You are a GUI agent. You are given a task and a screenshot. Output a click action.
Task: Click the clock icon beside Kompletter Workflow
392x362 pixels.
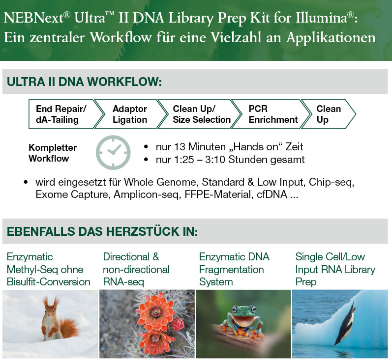pyautogui.click(x=113, y=153)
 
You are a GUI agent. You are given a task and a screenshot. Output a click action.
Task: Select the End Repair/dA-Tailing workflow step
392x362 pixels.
pyautogui.click(x=61, y=114)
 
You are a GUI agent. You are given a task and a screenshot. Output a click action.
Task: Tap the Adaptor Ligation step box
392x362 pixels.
pyautogui.click(x=130, y=114)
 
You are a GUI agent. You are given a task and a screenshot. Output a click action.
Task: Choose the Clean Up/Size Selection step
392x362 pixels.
pyautogui.click(x=201, y=114)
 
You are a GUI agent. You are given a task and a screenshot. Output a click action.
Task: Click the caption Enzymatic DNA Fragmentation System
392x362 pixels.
pyautogui.click(x=234, y=269)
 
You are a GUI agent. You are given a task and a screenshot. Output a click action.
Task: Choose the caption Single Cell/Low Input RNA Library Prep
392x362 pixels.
pyautogui.click(x=335, y=269)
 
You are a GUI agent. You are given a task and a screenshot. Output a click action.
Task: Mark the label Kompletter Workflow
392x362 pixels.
pyautogui.click(x=53, y=153)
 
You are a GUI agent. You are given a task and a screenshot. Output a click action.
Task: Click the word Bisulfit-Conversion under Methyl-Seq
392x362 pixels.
pyautogui.click(x=49, y=282)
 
